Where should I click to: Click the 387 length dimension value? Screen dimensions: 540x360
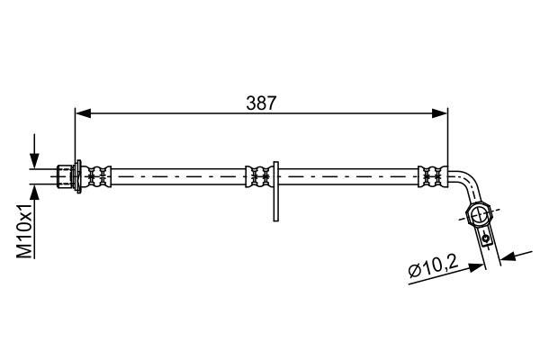pos(261,103)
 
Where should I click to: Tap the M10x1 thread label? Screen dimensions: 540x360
pos(25,230)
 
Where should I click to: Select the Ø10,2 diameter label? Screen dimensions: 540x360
pos(433,266)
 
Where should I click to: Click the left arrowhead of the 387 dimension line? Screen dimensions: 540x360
pos(83,113)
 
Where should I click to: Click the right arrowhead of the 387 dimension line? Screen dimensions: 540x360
pos(440,113)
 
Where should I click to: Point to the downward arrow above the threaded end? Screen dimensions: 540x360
pos(34,151)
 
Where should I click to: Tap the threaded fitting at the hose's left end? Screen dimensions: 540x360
pos(65,176)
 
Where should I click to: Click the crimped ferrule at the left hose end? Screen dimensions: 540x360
pos(96,176)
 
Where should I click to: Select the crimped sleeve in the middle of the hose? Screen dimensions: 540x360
pos(259,176)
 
